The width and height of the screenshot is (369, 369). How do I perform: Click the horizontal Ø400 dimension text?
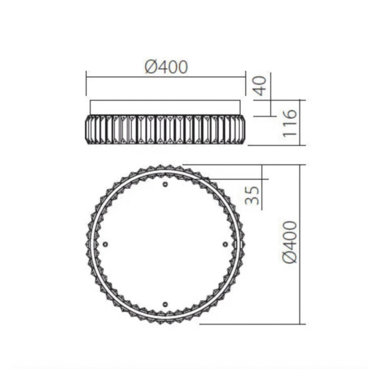point(167,67)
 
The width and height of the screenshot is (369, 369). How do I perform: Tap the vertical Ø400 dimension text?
point(290,242)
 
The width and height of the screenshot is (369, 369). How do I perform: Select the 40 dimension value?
point(260,85)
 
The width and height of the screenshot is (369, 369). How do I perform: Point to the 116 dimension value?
point(290,123)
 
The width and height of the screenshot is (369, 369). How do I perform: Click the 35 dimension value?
point(252,195)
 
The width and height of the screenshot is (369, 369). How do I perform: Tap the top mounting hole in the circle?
point(165,184)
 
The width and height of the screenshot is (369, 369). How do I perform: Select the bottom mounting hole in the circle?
point(165,304)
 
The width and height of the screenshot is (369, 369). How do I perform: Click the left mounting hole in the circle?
point(105,244)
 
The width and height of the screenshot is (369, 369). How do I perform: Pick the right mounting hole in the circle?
point(225,244)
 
